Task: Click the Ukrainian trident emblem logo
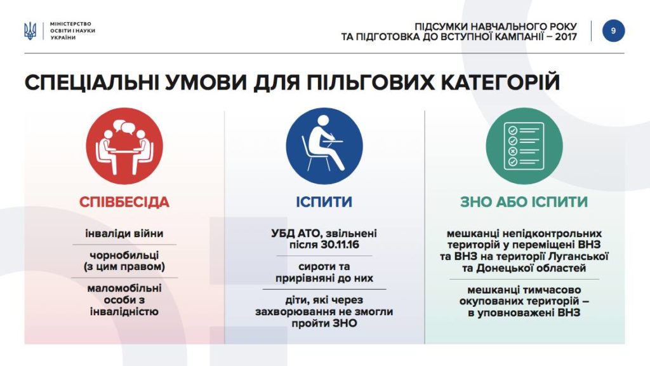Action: coord(30,31)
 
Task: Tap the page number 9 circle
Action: coord(613,30)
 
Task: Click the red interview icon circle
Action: coord(124,146)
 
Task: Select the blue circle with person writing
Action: coord(324,146)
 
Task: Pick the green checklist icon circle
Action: coord(524,146)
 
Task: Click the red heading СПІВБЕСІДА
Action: coord(124,202)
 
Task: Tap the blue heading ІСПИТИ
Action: coord(324,202)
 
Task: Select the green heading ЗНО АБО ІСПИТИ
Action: coord(524,202)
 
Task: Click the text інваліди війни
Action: coord(124,234)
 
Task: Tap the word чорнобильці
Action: coord(124,255)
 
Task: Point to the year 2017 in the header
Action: coord(566,37)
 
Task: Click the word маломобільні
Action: coord(124,288)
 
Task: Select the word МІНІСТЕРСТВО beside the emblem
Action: coord(70,24)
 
